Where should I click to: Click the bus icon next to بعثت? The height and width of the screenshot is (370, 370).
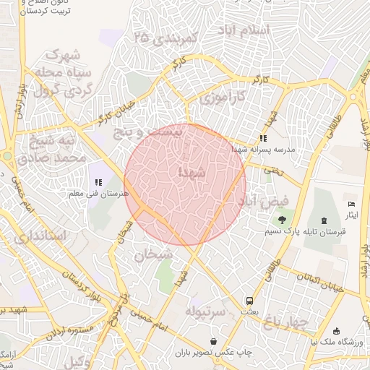tap(249, 300)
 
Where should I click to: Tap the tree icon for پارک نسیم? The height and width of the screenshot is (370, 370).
tap(283, 220)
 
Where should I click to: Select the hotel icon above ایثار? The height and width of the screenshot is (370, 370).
tap(352, 205)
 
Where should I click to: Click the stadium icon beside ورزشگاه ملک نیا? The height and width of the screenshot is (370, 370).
tap(337, 331)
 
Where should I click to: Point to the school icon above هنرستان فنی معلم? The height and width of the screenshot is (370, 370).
tap(98, 182)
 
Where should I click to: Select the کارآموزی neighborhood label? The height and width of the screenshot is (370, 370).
tap(223, 96)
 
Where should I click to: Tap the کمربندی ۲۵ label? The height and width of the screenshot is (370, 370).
tap(165, 38)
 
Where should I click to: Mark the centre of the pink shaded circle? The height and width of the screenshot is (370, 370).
tap(186, 184)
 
